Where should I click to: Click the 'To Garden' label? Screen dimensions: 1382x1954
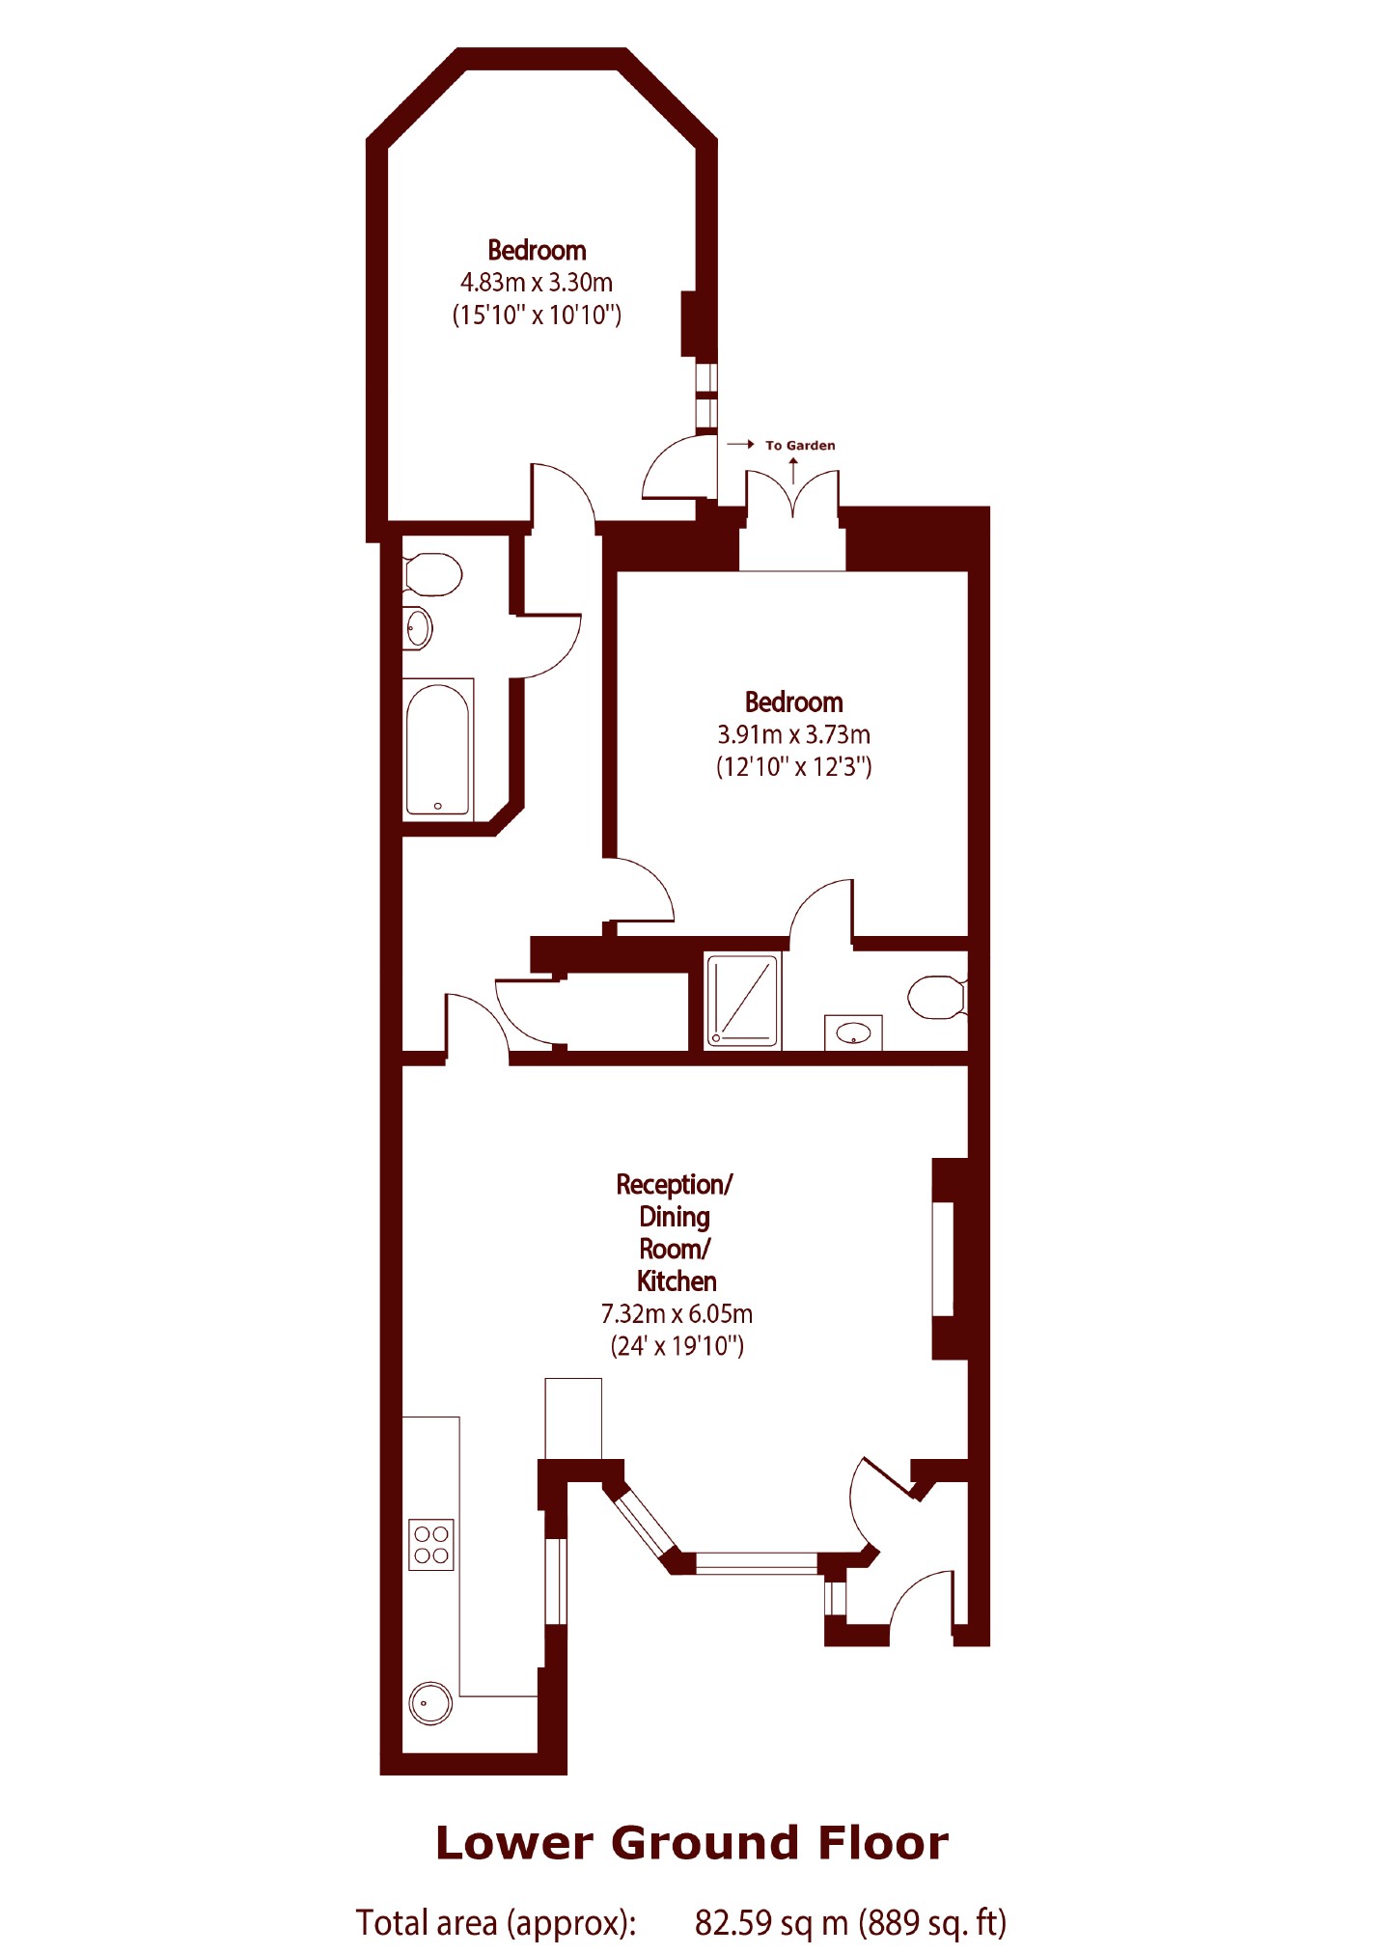tap(800, 445)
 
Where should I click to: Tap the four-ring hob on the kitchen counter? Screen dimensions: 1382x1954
tap(431, 1545)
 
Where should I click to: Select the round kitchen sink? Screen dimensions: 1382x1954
tap(430, 1704)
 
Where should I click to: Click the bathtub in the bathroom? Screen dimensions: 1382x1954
tap(438, 749)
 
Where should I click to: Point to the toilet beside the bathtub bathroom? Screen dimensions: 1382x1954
tap(432, 576)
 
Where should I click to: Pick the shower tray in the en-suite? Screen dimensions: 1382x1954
tap(741, 1000)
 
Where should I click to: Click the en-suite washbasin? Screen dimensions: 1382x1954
tap(853, 1033)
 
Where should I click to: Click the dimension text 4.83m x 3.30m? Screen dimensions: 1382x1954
tap(537, 283)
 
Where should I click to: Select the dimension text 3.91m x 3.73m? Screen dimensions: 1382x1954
tap(793, 734)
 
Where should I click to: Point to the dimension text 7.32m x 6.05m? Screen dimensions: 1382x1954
tap(677, 1313)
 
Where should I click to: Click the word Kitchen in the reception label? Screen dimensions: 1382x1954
tap(677, 1281)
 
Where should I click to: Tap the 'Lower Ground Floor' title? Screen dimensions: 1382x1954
tap(692, 1843)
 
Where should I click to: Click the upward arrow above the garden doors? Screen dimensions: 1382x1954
tap(793, 470)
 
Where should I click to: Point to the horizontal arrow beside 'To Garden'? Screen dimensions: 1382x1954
tap(740, 445)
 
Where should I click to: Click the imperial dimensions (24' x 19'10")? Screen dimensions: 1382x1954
tap(677, 1345)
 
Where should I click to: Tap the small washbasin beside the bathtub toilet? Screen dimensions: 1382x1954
tap(417, 629)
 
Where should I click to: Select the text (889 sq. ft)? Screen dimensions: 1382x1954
tap(932, 1922)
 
